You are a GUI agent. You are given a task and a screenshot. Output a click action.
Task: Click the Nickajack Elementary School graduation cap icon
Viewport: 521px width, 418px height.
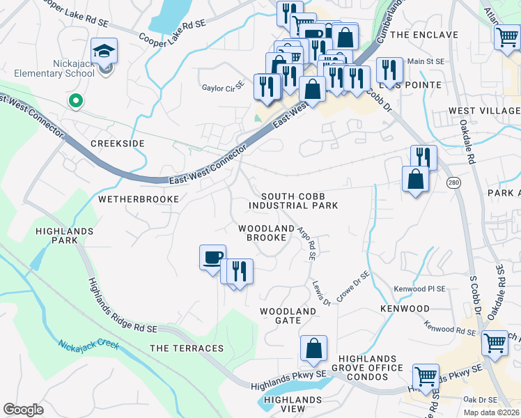(x=104, y=51)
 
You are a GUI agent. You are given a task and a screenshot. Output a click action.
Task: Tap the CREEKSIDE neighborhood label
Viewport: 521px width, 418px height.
(x=118, y=143)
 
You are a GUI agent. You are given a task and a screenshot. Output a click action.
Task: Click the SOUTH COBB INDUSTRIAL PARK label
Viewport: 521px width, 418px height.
(x=293, y=201)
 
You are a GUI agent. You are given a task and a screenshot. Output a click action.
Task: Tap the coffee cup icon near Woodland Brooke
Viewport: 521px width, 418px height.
(x=213, y=257)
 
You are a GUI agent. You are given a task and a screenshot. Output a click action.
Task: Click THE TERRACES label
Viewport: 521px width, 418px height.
(x=187, y=348)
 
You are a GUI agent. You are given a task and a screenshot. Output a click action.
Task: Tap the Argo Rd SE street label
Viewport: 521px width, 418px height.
(x=306, y=242)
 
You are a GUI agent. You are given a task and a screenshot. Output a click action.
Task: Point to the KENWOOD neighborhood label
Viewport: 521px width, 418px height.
(x=405, y=308)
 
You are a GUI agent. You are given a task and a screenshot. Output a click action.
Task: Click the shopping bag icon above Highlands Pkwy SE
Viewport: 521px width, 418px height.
(x=313, y=348)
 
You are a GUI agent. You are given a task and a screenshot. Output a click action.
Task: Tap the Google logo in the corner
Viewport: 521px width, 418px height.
(x=23, y=410)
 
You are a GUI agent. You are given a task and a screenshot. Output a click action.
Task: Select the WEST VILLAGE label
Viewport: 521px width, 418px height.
(x=484, y=111)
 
